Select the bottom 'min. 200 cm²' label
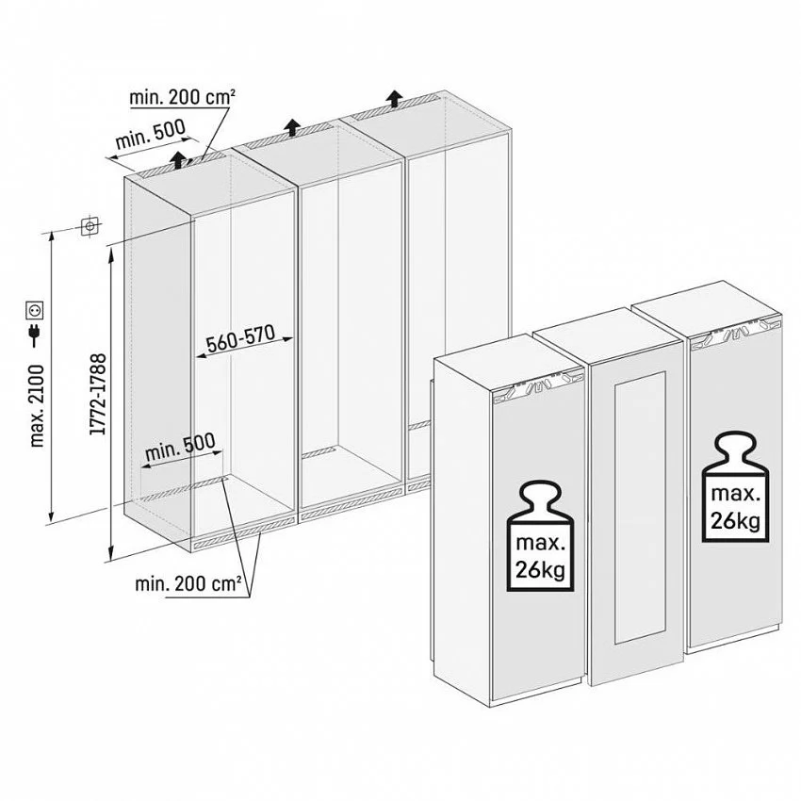point(188,583)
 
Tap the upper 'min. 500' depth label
point(150,134)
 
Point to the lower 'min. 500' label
point(180,448)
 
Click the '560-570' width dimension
point(240,338)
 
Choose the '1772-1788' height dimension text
point(98,394)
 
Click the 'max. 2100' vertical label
point(37,406)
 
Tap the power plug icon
point(35,334)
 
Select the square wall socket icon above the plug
point(35,310)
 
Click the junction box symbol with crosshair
point(90,225)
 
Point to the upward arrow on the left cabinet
point(178,159)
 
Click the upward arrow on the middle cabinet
point(292,126)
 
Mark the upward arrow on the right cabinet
point(393,98)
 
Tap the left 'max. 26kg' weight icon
point(541,537)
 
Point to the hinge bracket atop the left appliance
point(538,384)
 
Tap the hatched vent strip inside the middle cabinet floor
point(318,452)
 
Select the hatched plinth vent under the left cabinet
point(245,533)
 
